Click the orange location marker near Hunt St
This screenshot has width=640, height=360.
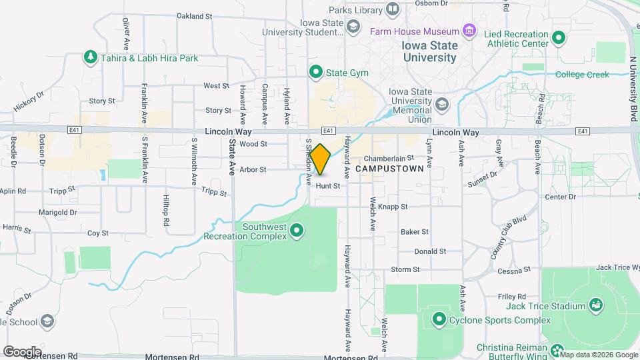[x=321, y=159]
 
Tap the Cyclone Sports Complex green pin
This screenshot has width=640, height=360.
[x=439, y=319]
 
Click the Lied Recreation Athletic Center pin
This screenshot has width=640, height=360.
[x=559, y=37]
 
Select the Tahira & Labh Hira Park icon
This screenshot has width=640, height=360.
[x=90, y=58]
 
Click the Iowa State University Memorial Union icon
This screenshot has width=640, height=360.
[x=442, y=104]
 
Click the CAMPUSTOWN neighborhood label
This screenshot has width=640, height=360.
[x=390, y=170]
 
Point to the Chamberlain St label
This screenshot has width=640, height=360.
[x=389, y=159]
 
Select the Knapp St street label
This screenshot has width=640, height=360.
[x=393, y=207]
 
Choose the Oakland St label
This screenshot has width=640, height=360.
[x=194, y=15]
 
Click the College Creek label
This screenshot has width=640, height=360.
[x=582, y=75]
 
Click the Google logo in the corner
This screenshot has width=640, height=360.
[x=21, y=351]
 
